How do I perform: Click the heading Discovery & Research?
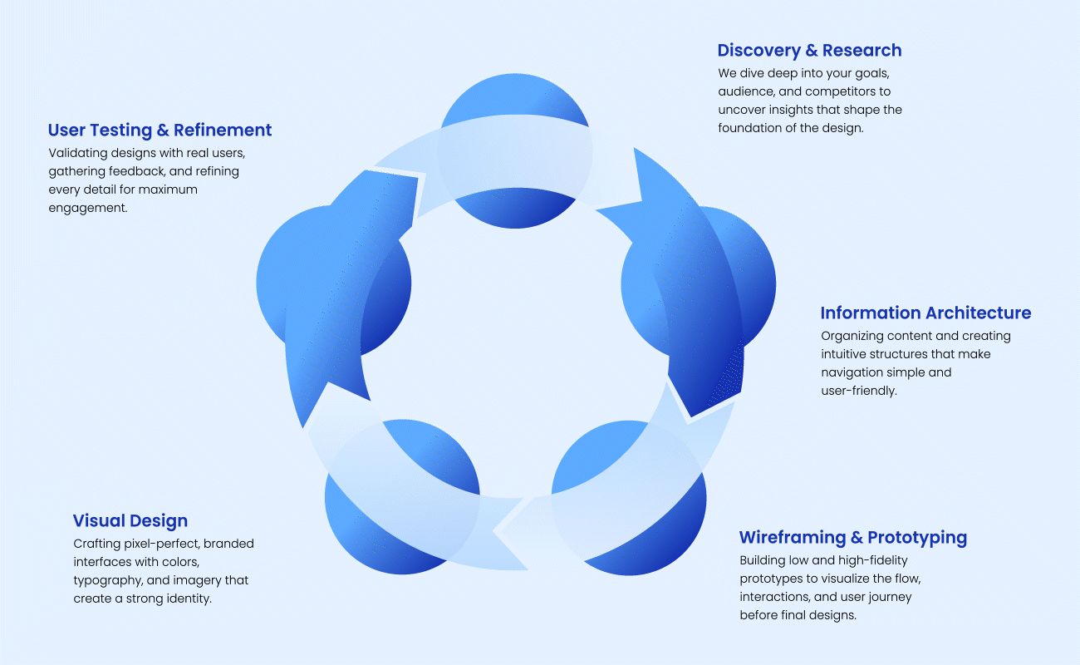809,51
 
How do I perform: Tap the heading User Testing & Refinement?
160,131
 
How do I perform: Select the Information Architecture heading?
925,313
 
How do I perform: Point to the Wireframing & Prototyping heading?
853,537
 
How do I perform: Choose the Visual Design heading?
130,521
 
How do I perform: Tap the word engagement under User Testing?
87,208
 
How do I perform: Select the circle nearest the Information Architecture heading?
698,283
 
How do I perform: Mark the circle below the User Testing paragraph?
333,283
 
